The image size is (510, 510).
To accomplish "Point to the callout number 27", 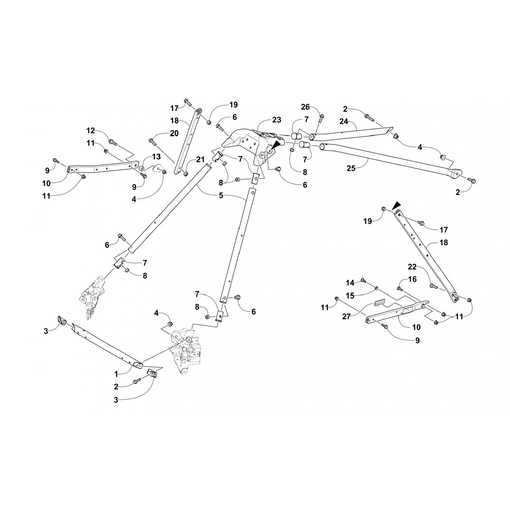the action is (x=346, y=317).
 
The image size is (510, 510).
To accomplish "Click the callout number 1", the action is (x=116, y=374).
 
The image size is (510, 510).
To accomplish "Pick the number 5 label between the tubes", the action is (x=221, y=195).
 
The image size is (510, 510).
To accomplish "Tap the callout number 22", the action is (x=412, y=267).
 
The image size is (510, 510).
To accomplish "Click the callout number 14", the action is (x=350, y=283).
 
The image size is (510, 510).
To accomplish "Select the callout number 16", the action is (x=412, y=279).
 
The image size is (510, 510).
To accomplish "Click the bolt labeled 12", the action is (x=113, y=142).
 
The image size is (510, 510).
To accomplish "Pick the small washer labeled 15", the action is (x=377, y=288).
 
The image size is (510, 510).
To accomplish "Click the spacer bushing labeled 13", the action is (x=140, y=168).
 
